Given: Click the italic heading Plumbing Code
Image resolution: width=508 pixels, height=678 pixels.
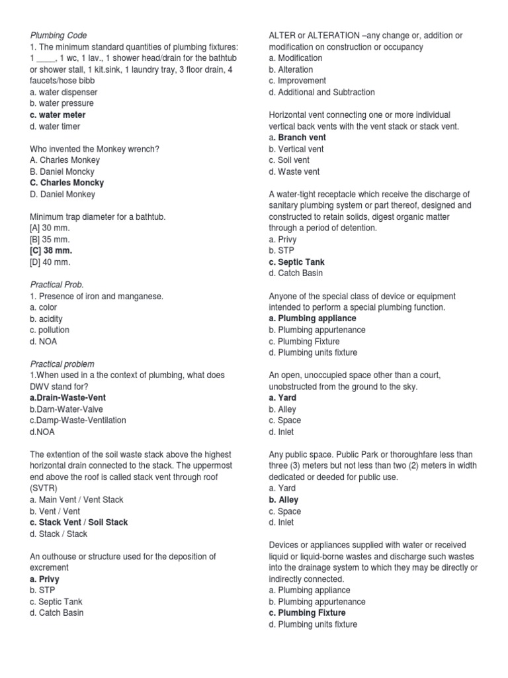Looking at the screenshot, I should pyautogui.click(x=59, y=35).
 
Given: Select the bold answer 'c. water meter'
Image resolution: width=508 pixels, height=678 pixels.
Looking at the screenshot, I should pyautogui.click(x=58, y=115).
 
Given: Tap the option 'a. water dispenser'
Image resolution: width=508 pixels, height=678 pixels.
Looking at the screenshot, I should pyautogui.click(x=63, y=92).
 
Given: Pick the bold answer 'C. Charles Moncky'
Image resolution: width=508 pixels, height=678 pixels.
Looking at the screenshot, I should pyautogui.click(x=67, y=183).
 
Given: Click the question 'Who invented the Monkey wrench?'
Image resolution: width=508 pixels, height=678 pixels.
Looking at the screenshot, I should pyautogui.click(x=95, y=148).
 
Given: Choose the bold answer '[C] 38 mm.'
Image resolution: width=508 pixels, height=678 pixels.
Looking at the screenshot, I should pyautogui.click(x=51, y=251).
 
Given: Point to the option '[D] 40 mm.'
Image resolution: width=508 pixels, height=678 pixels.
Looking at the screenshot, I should pyautogui.click(x=50, y=262).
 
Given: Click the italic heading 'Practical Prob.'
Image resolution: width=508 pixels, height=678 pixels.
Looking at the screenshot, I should pyautogui.click(x=57, y=285).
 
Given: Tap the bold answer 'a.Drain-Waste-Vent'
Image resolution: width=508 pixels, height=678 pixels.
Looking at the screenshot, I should pyautogui.click(x=68, y=397).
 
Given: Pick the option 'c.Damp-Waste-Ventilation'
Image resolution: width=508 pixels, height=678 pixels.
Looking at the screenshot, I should pyautogui.click(x=78, y=420).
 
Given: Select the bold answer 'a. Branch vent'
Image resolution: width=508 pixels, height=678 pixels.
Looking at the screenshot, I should pyautogui.click(x=297, y=137).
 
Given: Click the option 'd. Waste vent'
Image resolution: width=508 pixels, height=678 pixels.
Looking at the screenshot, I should pyautogui.click(x=294, y=171).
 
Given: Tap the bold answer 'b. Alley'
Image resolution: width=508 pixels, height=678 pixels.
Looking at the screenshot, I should pyautogui.click(x=283, y=500).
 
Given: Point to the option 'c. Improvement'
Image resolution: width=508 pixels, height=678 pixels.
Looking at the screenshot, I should pyautogui.click(x=297, y=81).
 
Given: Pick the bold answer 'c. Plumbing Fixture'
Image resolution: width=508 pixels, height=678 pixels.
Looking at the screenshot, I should pyautogui.click(x=307, y=613).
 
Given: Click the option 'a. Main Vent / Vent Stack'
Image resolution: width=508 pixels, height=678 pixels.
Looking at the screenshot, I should pyautogui.click(x=77, y=500).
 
